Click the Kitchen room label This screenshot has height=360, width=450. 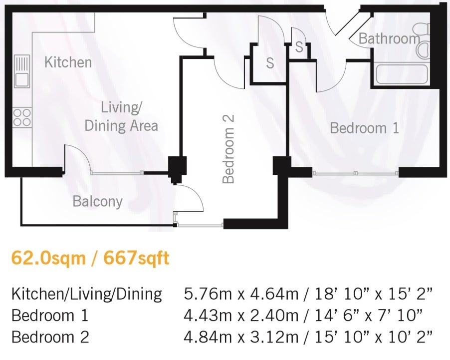click(x=68, y=62)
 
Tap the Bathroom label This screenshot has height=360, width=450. click(x=389, y=38)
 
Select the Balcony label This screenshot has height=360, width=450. click(x=98, y=201)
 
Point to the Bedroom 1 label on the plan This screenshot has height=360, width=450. click(x=365, y=128)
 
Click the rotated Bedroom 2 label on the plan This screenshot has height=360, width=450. click(x=228, y=149)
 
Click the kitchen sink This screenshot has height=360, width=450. click(x=22, y=71)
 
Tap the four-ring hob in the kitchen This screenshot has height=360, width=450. click(x=22, y=117)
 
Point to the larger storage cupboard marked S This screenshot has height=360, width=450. click(x=269, y=63)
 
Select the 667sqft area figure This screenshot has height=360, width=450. click(x=136, y=258)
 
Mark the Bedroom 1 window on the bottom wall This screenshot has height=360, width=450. click(x=355, y=173)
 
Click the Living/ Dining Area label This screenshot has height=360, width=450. click(x=121, y=117)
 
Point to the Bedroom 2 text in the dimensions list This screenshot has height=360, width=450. click(x=50, y=337)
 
